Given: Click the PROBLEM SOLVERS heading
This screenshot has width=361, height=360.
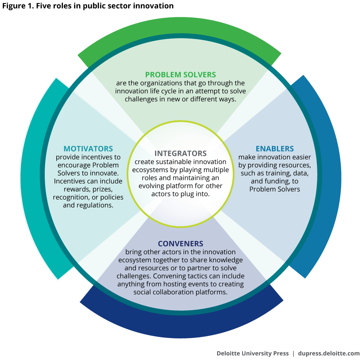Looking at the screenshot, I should pos(180,75).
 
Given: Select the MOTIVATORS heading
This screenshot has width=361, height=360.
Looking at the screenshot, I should pos(88,149).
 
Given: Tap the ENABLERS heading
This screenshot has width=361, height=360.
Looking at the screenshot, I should pos(275,149).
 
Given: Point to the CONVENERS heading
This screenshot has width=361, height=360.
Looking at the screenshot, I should pos(180,244).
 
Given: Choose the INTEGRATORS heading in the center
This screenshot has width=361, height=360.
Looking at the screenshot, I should pos(180,153).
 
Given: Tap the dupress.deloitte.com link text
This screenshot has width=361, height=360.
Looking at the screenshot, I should pos(329,353).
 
